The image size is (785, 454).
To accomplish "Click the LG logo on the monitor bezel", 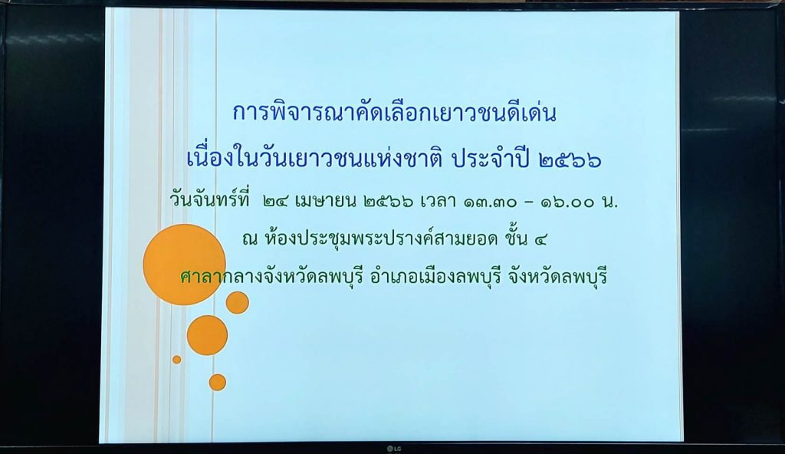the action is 393,449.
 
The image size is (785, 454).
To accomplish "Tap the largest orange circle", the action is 184,265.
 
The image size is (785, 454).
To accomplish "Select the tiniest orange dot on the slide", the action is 177,360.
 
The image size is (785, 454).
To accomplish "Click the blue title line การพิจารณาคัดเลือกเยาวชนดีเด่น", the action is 395,112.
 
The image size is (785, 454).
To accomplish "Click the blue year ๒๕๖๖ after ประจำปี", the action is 570,160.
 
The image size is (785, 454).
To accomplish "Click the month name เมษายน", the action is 326,202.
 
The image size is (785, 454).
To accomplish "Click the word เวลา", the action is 438,202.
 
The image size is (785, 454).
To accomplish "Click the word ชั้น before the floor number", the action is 517,238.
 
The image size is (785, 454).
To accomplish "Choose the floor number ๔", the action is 540,240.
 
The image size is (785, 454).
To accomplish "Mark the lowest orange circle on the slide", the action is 217,383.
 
